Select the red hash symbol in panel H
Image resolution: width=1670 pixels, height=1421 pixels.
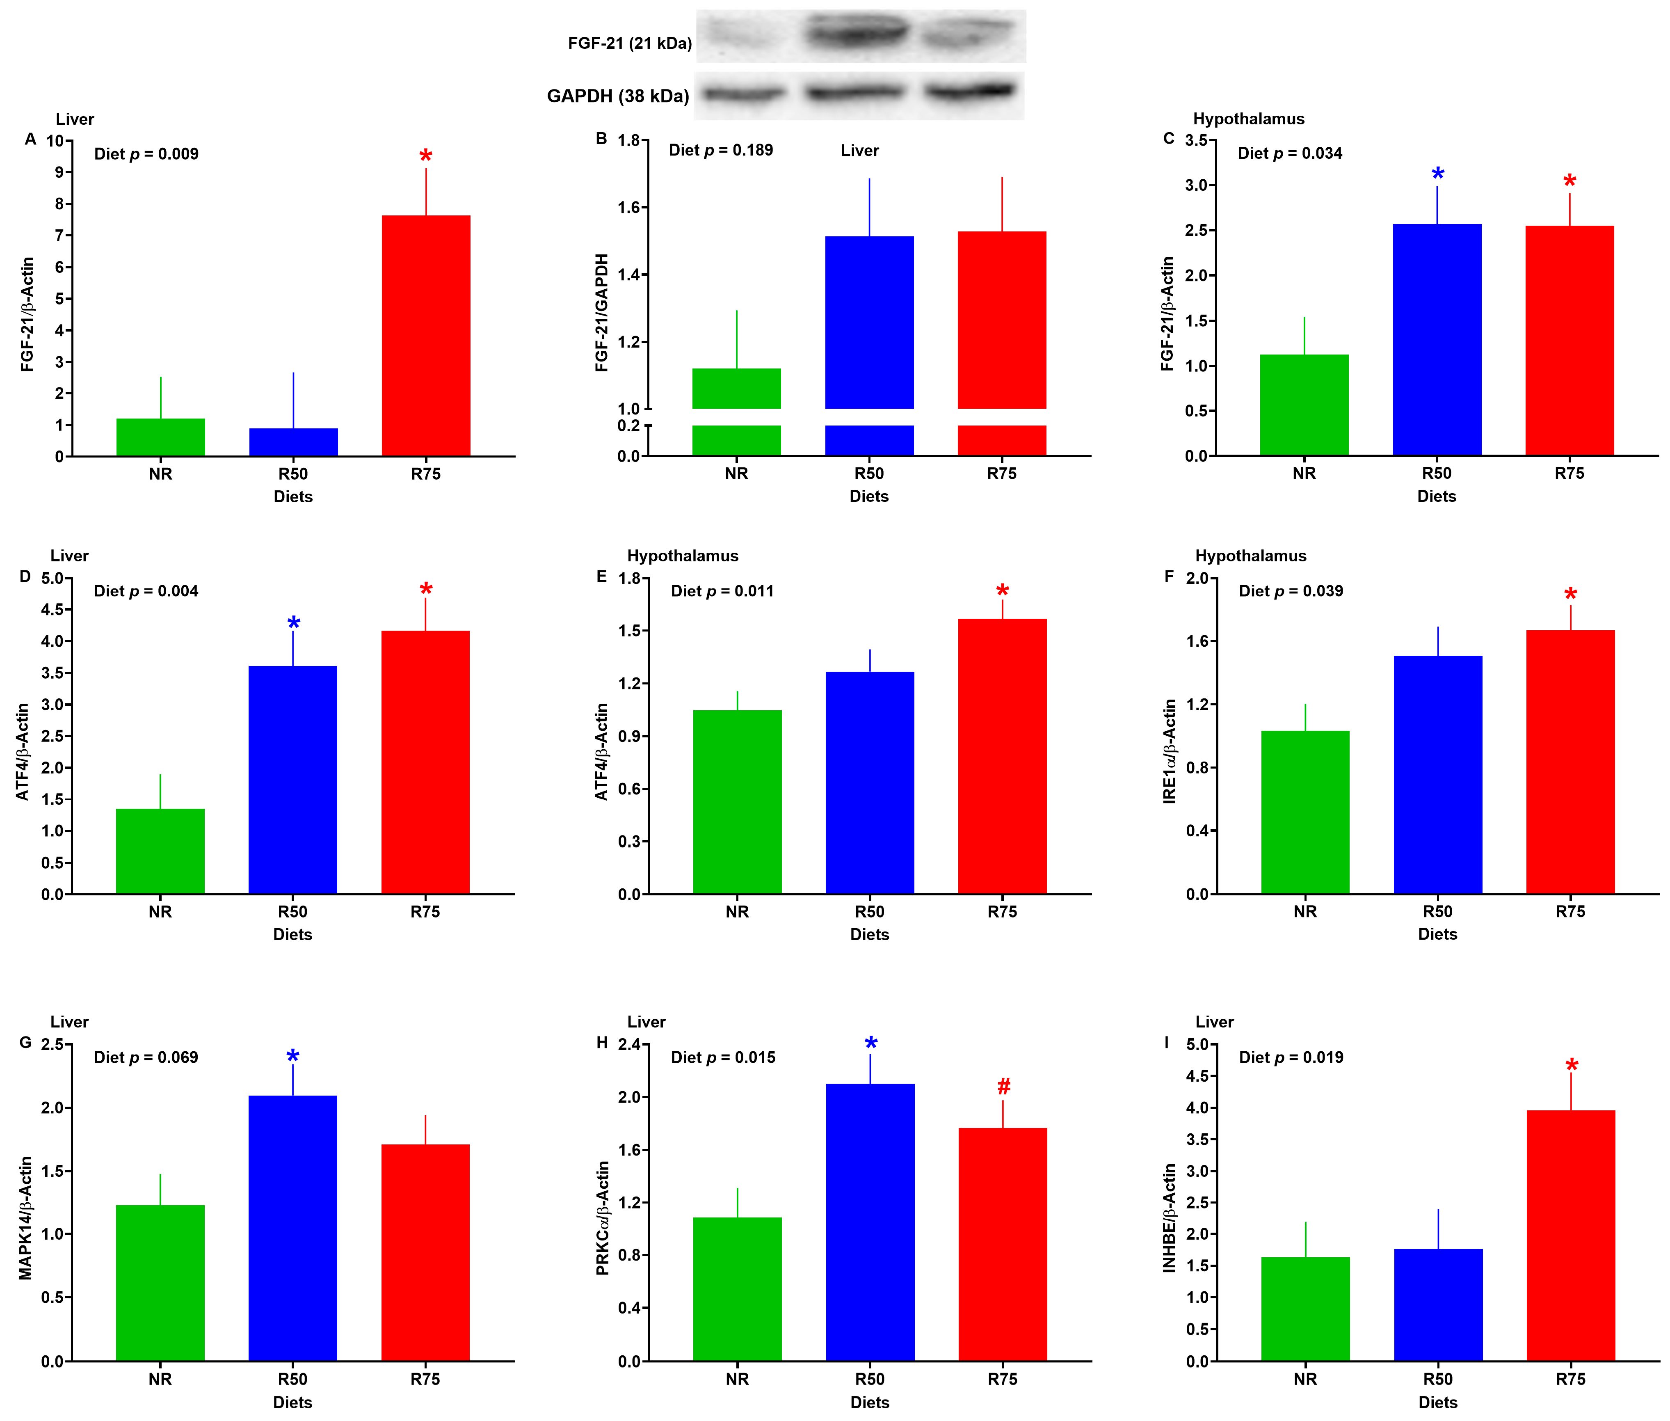[1003, 1087]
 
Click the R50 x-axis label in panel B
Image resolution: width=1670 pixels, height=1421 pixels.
[869, 474]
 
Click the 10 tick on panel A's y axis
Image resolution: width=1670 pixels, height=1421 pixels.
[55, 141]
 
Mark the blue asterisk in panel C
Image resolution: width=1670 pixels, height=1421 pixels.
[1437, 174]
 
